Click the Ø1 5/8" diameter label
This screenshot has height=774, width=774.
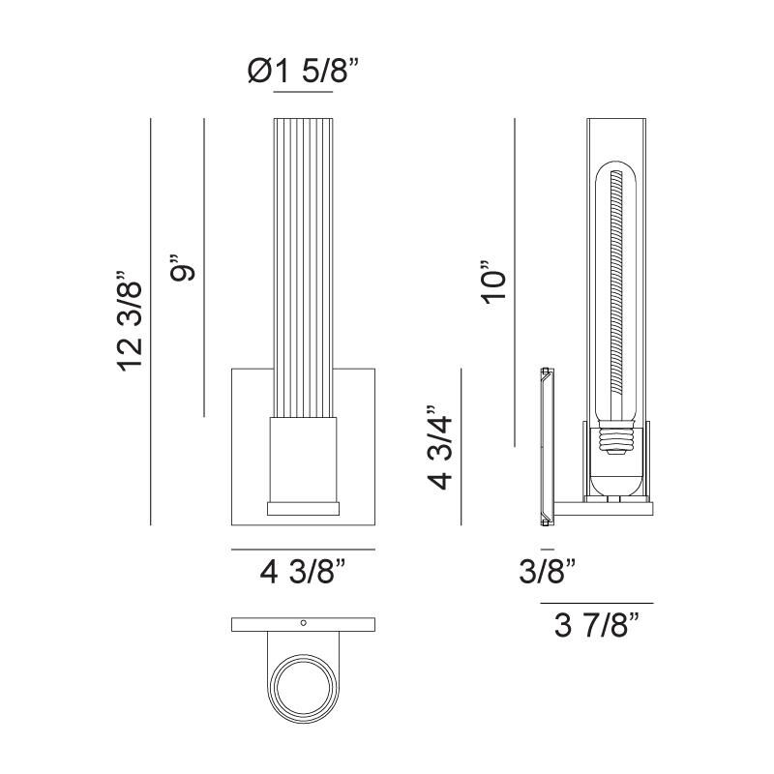point(304,71)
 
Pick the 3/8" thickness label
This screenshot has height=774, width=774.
point(548,572)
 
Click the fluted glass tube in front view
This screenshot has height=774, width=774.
point(303,261)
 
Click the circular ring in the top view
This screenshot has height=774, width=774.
point(303,688)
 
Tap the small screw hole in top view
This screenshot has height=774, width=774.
point(303,623)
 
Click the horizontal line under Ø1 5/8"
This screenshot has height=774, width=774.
point(303,93)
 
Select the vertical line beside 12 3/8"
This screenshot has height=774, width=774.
point(151,319)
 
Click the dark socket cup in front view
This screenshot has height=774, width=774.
point(303,460)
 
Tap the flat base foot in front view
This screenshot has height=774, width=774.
point(303,507)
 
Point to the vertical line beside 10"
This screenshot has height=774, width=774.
point(515,281)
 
